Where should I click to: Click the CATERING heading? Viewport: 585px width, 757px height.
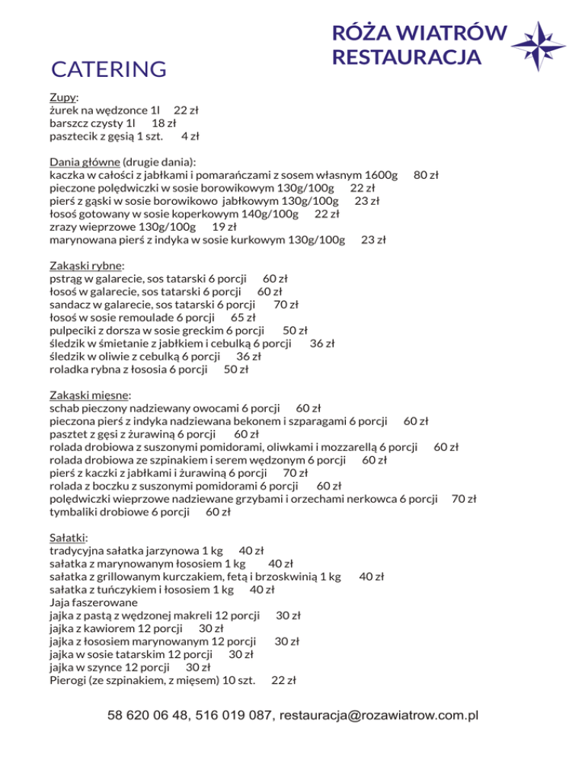pyautogui.click(x=108, y=70)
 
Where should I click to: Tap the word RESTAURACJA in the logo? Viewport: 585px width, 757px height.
pyautogui.click(x=408, y=57)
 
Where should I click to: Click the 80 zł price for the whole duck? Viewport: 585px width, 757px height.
pyautogui.click(x=426, y=175)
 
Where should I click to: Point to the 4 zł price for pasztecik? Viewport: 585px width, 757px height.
pyautogui.click(x=190, y=136)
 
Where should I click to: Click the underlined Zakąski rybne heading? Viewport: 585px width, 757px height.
pyautogui.click(x=86, y=267)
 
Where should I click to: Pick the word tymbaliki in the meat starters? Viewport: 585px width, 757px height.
pyautogui.click(x=75, y=513)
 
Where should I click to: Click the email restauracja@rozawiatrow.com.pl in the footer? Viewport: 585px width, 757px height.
pyautogui.click(x=379, y=716)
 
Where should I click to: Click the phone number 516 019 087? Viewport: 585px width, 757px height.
pyautogui.click(x=234, y=716)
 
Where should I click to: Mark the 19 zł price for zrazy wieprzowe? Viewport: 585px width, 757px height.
pyautogui.click(x=224, y=227)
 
